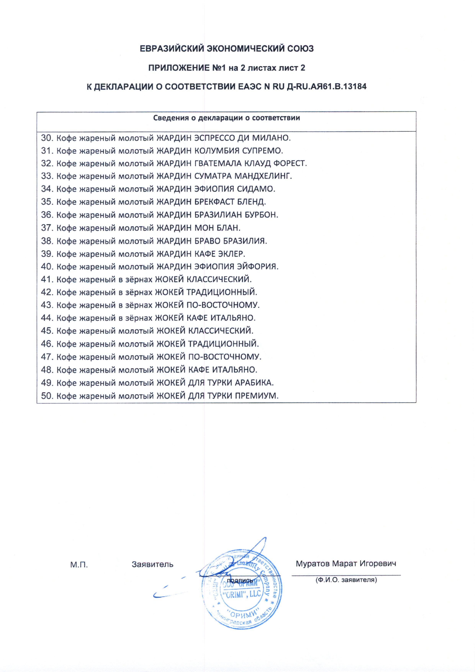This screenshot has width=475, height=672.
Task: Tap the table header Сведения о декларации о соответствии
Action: tap(227, 118)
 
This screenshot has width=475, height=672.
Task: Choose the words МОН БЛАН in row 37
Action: tap(217, 228)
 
